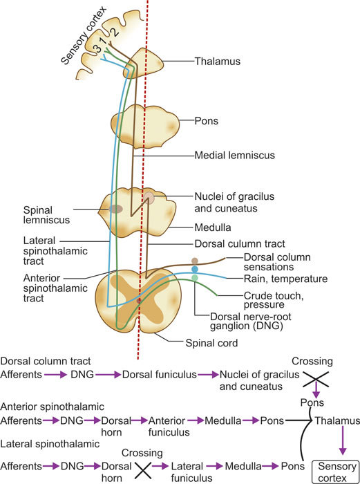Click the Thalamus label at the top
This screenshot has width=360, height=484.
(x=216, y=62)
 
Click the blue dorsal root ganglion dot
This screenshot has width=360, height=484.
(x=195, y=269)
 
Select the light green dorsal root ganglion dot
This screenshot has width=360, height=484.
(x=195, y=278)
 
